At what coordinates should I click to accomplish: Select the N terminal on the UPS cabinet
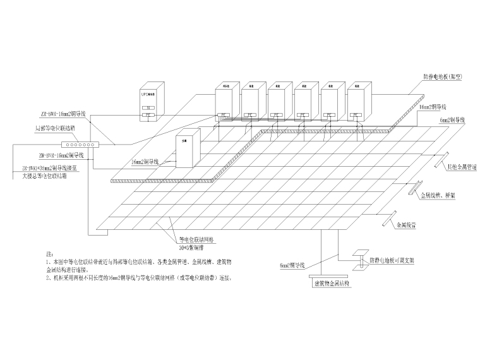point(147,108)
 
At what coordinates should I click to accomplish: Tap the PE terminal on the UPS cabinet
point(147,115)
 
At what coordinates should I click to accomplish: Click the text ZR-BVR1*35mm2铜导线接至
point(51,169)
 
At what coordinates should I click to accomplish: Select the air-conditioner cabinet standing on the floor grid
point(187,148)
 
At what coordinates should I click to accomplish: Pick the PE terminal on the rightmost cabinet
point(357,115)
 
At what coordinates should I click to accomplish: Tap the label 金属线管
point(408,224)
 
